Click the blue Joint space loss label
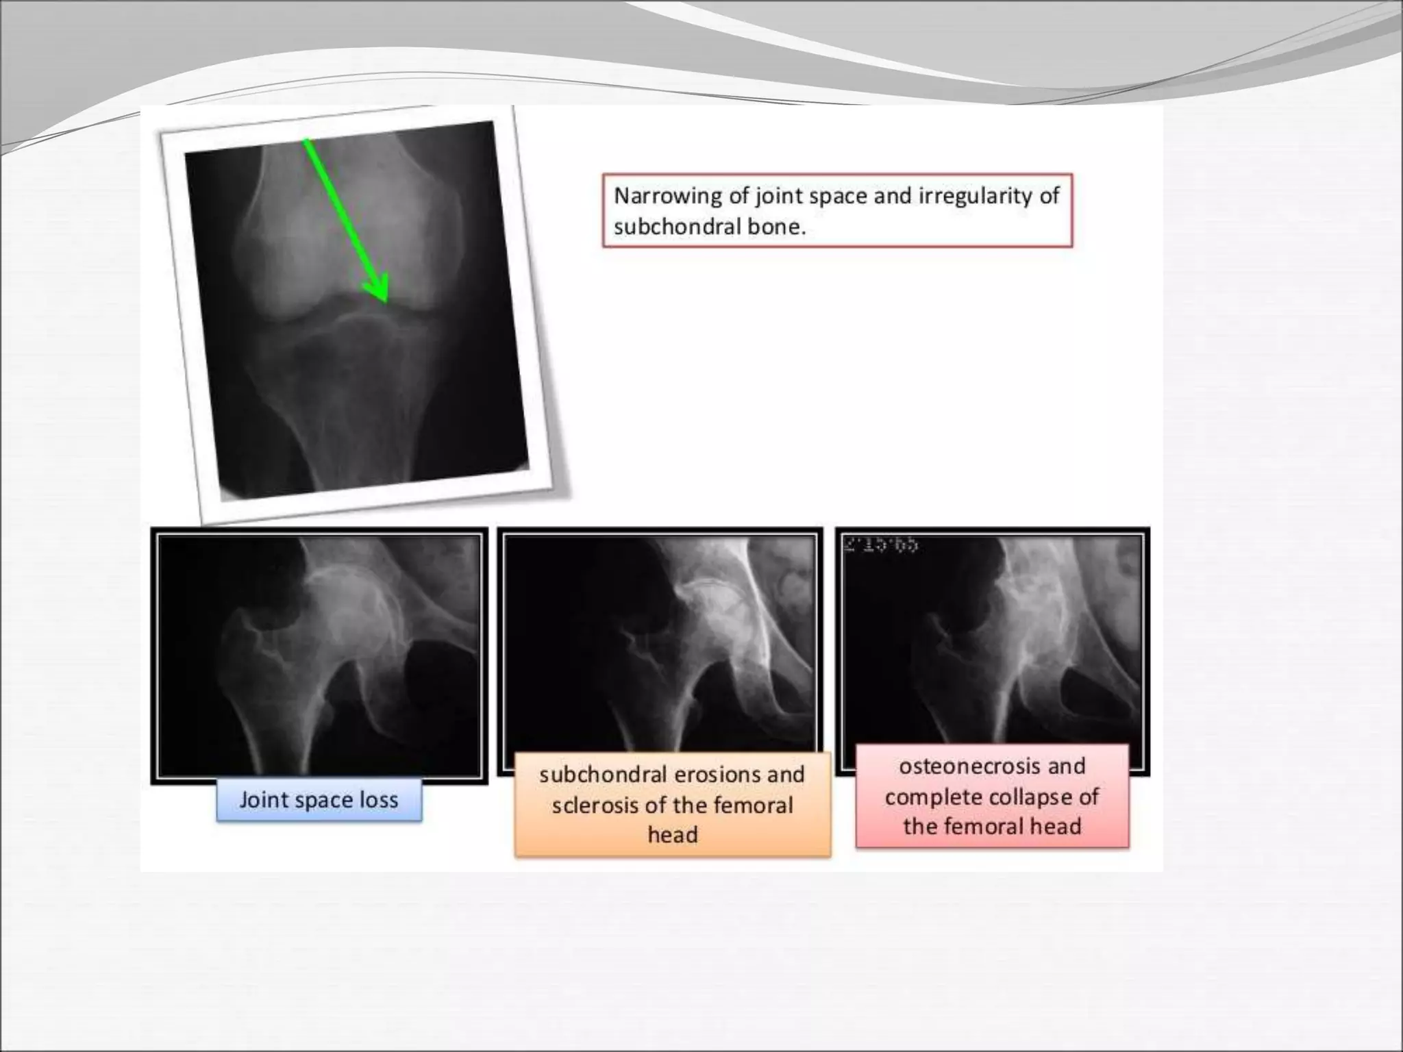click(x=319, y=800)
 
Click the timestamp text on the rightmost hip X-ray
click(x=881, y=546)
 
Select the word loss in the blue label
click(x=381, y=800)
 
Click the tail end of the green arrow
click(x=306, y=141)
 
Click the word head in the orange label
click(x=673, y=835)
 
